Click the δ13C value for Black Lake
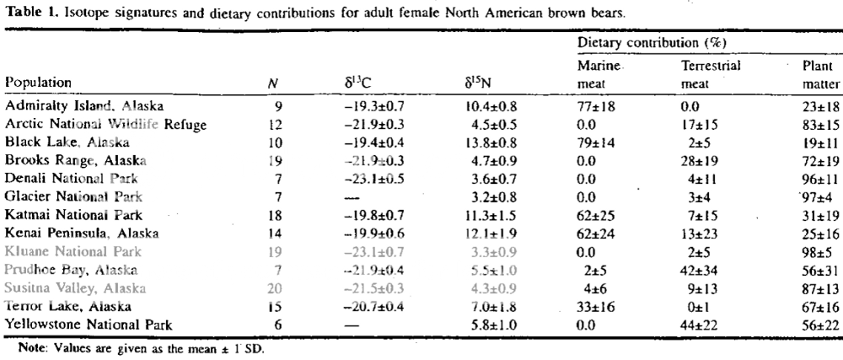pos(362,142)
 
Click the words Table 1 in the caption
pos(26,12)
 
